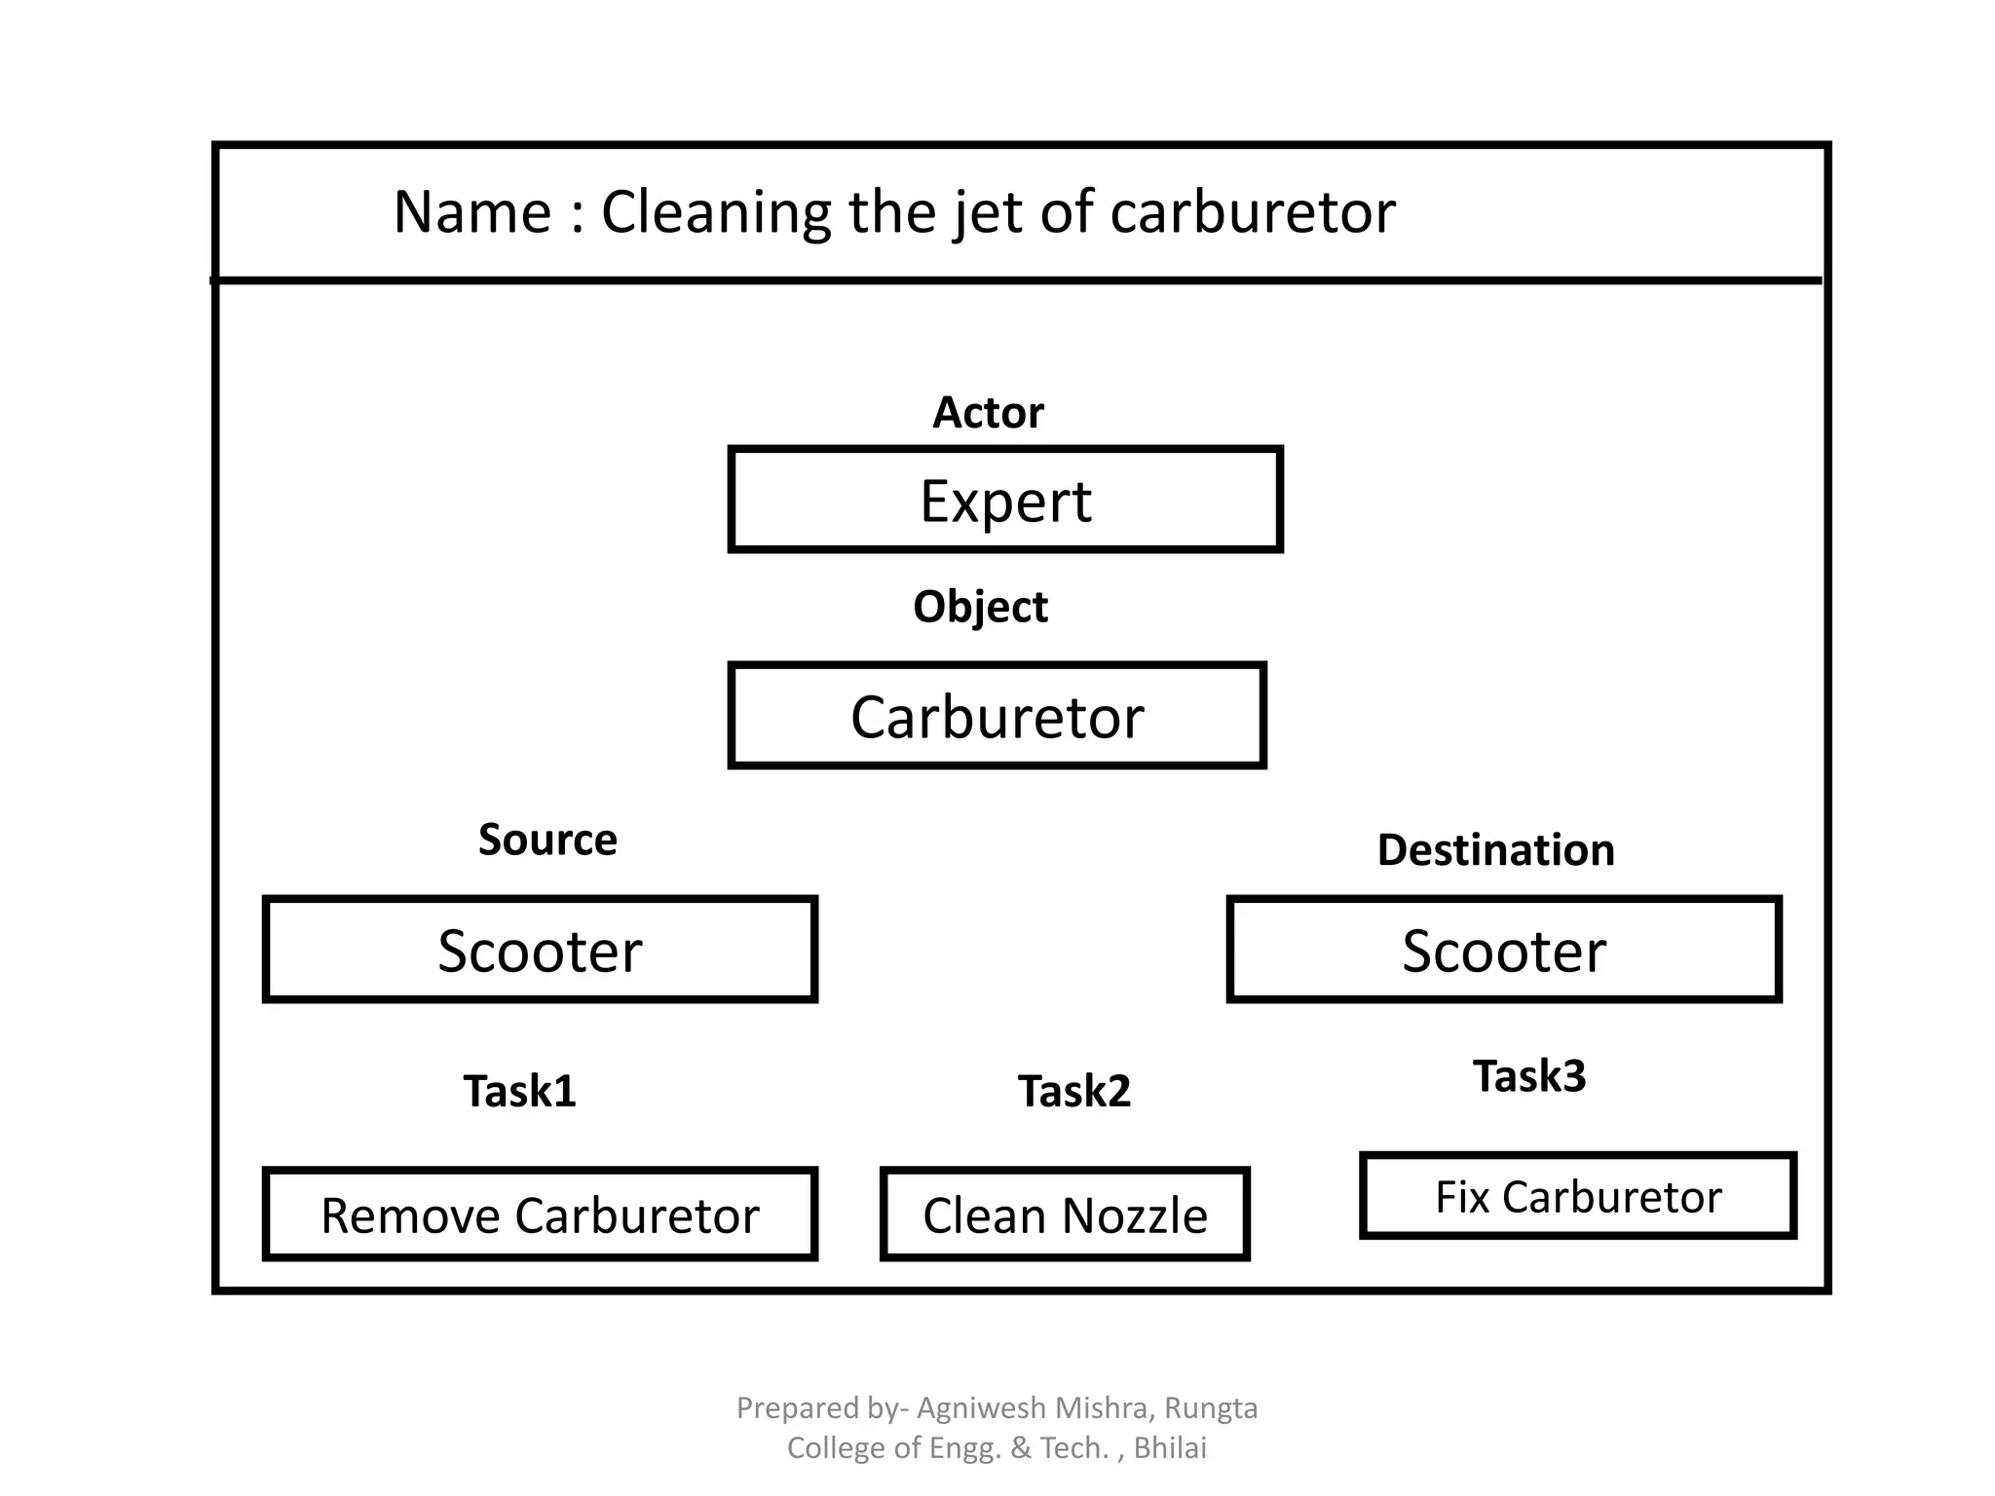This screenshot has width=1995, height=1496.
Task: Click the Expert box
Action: [1005, 501]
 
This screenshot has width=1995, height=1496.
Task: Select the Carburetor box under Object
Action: [997, 717]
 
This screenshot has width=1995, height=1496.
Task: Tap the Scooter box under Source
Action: [540, 951]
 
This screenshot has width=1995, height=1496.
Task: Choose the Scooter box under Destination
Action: [1504, 951]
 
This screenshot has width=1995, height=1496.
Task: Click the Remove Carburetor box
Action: [540, 1215]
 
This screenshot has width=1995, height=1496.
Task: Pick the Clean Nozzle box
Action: [1065, 1215]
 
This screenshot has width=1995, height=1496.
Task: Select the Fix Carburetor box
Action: [1578, 1197]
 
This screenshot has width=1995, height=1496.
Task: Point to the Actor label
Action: [988, 413]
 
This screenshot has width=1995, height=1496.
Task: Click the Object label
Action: [980, 607]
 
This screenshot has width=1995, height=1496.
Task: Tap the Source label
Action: [547, 840]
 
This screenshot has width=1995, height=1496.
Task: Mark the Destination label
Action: [1495, 850]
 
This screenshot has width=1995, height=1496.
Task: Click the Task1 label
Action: [519, 1091]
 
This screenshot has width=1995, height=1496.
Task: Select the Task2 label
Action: [1074, 1091]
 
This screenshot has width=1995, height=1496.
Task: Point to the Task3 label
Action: [1529, 1076]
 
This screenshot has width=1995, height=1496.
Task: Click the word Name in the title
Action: [472, 212]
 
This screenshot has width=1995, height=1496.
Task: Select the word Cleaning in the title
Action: [716, 212]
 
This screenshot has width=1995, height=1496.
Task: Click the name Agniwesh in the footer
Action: [982, 1408]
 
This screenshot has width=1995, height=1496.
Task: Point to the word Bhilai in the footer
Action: [1170, 1448]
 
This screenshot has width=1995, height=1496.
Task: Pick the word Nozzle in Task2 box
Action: [1135, 1215]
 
